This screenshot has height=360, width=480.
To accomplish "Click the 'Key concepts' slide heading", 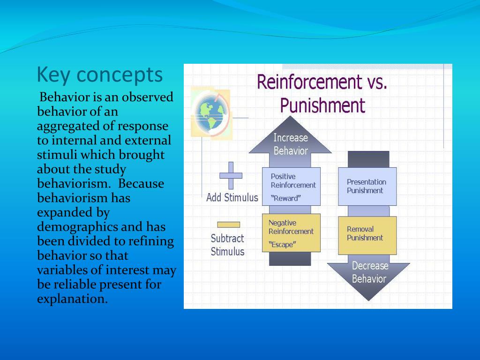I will [x=100, y=75].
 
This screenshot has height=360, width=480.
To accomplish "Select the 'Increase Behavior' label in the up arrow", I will [x=291, y=144].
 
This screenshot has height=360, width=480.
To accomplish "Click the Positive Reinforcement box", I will [x=291, y=186].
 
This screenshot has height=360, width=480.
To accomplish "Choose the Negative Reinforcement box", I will [x=291, y=232].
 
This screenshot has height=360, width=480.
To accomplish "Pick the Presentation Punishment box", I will [x=367, y=186].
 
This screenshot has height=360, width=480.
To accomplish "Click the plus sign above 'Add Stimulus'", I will [x=231, y=175].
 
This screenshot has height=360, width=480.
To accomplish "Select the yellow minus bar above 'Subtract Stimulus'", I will [x=228, y=225].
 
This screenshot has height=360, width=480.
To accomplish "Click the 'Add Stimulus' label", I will [x=232, y=198].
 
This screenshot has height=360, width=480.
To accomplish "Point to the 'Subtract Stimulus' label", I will [x=227, y=245].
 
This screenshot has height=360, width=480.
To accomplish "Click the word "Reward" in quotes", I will [x=286, y=198].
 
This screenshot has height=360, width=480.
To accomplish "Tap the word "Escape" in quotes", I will [x=282, y=244].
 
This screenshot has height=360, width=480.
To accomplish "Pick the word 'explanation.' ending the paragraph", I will [x=72, y=299].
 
